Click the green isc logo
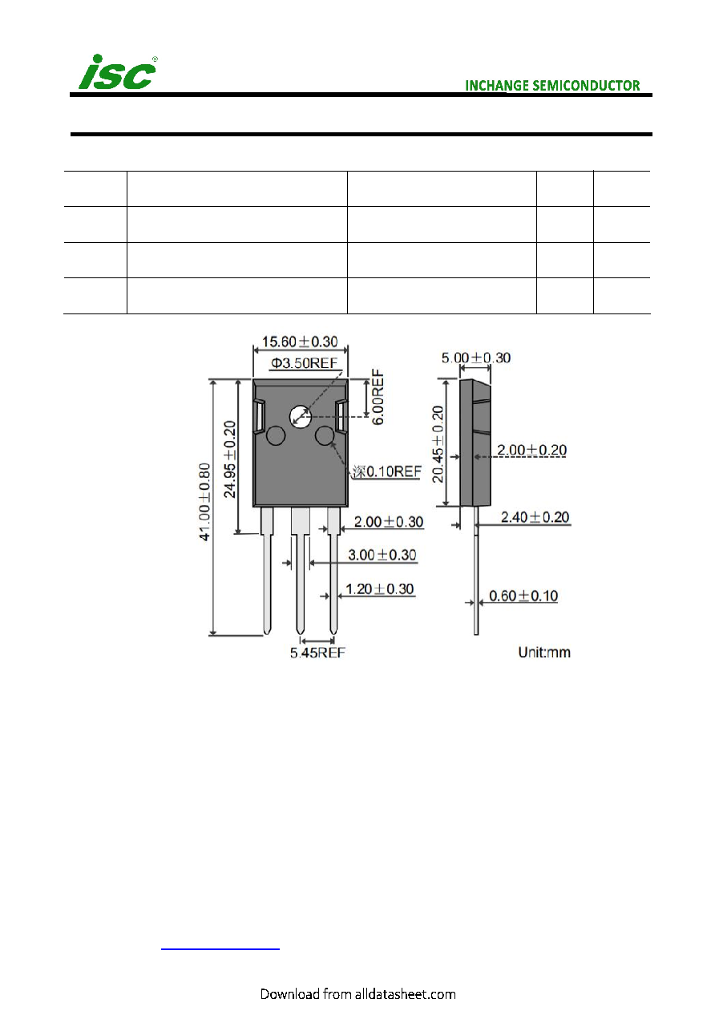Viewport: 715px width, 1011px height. click(x=117, y=72)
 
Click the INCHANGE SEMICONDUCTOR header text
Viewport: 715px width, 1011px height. click(x=552, y=86)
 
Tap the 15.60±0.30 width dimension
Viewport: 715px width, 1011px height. click(x=300, y=342)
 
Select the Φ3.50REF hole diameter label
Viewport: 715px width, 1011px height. click(x=304, y=363)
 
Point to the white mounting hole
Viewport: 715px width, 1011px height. click(x=301, y=417)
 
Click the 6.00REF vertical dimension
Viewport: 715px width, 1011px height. click(x=378, y=397)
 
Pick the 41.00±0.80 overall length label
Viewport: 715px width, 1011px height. click(x=204, y=502)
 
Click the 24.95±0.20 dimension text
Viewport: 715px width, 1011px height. click(x=230, y=459)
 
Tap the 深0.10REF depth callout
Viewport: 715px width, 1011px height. click(x=386, y=471)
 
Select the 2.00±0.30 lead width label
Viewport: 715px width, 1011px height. click(x=389, y=522)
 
